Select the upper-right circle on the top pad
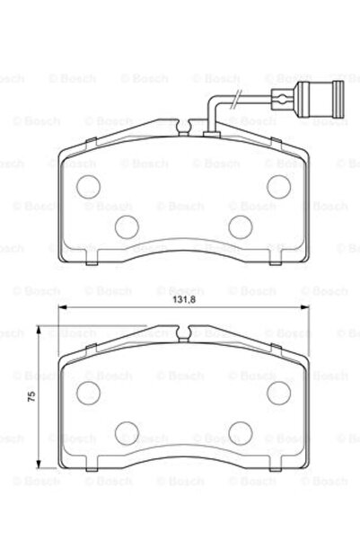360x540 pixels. [x=278, y=183]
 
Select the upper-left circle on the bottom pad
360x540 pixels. [x=88, y=392]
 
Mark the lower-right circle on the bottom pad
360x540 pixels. [x=240, y=432]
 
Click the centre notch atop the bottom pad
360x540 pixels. [x=183, y=339]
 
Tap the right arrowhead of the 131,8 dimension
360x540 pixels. [x=305, y=311]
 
